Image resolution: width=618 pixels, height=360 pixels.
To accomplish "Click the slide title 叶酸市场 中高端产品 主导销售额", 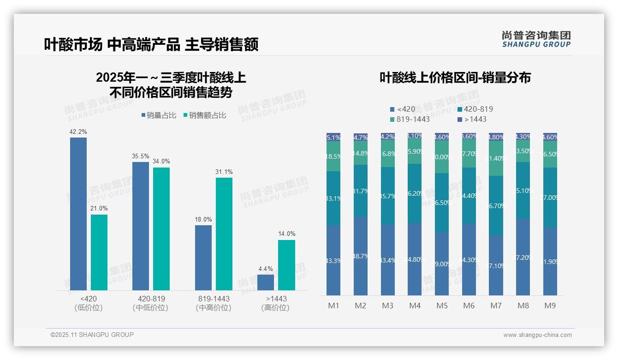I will (151, 44).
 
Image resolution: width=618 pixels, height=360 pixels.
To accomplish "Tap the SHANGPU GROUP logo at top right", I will (536, 39).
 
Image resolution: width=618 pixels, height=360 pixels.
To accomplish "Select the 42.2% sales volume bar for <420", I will (78, 214).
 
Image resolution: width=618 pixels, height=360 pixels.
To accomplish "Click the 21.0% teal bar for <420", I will (99, 252).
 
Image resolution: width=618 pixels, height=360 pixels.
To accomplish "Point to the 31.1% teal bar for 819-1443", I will (224, 234).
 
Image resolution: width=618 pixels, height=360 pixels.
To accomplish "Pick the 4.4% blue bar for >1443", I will (266, 282).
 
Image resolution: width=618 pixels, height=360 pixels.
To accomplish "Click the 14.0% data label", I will (286, 234).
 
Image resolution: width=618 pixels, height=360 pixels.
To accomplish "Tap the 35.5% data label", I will (141, 156).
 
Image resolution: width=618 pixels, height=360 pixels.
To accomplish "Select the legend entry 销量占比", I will (159, 115).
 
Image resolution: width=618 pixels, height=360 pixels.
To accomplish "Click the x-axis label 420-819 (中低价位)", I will (151, 303).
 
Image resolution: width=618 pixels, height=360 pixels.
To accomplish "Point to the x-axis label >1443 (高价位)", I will (275, 303).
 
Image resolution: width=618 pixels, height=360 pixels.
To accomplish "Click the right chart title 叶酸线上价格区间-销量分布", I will (455, 78).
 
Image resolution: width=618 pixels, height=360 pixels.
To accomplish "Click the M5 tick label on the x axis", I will (442, 306).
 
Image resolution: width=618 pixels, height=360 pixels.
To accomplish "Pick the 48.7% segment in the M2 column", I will (361, 256).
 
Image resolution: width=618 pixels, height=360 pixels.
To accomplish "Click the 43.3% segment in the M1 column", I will (333, 260).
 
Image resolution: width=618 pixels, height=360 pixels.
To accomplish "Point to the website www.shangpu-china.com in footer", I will (537, 335).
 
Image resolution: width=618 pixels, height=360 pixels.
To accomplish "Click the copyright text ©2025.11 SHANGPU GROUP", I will (92, 335).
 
